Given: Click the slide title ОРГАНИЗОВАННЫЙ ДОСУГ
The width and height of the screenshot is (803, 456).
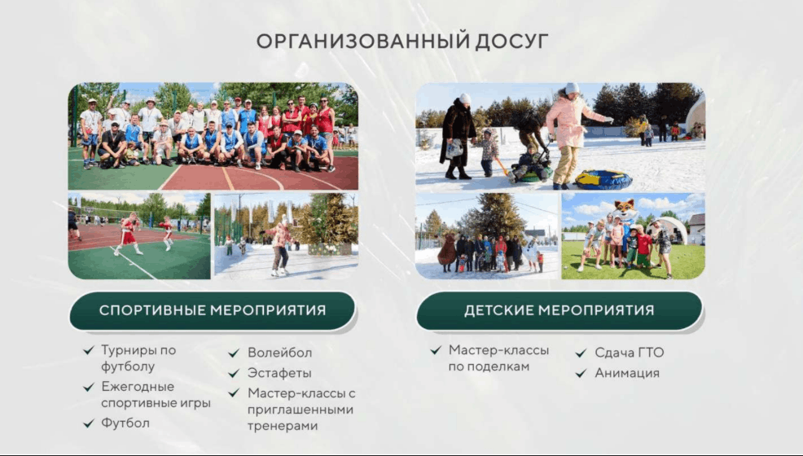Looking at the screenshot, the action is click(402, 41).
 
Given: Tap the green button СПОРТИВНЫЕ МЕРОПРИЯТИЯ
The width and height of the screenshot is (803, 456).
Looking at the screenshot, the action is click(212, 311).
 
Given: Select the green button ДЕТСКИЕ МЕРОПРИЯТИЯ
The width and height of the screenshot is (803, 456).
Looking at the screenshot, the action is click(559, 311).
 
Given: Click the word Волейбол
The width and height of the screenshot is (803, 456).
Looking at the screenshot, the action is click(279, 353).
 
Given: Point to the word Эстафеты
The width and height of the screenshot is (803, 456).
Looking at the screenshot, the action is click(279, 373).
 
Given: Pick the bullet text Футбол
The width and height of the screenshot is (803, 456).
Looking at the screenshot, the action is click(125, 423).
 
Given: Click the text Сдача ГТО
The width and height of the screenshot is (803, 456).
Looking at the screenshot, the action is click(630, 353).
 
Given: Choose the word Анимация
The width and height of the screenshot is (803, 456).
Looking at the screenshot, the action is click(627, 373).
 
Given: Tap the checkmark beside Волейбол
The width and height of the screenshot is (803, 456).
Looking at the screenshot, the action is click(234, 353).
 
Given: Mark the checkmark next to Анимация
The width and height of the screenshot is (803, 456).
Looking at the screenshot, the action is click(581, 374).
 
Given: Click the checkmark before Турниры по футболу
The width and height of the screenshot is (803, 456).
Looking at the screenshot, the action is click(89, 350).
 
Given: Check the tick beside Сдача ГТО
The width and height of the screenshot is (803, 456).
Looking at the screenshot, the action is click(581, 353).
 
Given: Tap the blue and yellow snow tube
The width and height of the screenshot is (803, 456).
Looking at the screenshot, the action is click(603, 180).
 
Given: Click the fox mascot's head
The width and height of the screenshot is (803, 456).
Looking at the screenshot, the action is click(625, 209).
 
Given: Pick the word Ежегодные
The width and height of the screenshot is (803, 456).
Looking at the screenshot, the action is click(138, 387).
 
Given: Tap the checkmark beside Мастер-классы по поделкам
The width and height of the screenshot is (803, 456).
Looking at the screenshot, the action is click(436, 350).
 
